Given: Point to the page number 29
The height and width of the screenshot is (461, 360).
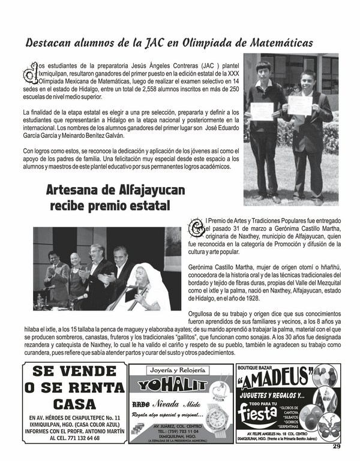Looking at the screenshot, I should pos(337,445).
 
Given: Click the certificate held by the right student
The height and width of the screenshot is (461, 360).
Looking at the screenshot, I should pos(299,105).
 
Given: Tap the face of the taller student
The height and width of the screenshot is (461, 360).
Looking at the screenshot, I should pos(265,70).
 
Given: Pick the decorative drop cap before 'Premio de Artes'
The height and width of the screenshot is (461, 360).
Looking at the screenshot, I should pos(196,227).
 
